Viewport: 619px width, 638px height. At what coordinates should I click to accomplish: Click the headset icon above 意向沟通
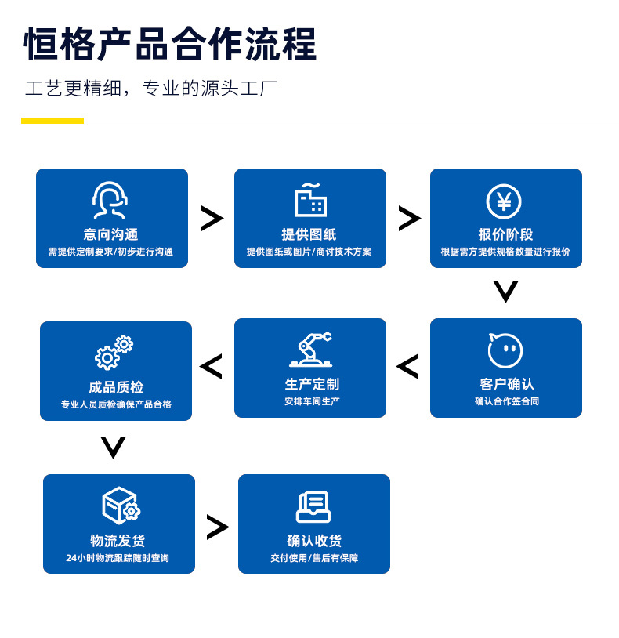click(x=110, y=201)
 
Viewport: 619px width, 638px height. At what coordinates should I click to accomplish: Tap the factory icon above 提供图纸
click(x=310, y=201)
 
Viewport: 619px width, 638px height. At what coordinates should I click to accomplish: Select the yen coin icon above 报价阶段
click(x=504, y=201)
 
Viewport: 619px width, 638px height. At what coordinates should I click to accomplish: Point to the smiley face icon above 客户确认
click(x=505, y=350)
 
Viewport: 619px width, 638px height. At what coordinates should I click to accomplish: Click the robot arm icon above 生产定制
click(x=311, y=350)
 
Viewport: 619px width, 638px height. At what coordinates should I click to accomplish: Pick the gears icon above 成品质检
click(x=114, y=353)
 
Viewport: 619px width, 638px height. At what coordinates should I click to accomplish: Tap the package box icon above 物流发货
click(x=121, y=506)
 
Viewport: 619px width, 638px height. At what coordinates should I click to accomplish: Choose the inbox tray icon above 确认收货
click(x=313, y=506)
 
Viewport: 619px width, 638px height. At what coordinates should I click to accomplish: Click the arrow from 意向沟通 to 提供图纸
click(x=212, y=218)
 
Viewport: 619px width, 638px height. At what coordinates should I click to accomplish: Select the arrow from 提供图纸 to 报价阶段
click(x=409, y=218)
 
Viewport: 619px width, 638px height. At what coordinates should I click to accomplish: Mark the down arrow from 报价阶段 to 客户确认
click(x=505, y=292)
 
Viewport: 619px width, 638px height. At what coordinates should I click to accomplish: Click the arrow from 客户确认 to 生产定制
click(x=407, y=366)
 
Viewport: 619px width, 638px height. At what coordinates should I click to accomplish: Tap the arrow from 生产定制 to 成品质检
click(x=211, y=366)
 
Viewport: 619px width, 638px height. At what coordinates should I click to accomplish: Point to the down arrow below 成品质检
click(x=114, y=448)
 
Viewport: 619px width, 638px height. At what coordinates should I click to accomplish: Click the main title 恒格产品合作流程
click(x=170, y=44)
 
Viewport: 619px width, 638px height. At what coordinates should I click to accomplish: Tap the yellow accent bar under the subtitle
click(x=52, y=121)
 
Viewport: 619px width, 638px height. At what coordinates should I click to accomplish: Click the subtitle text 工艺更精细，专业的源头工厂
click(x=151, y=88)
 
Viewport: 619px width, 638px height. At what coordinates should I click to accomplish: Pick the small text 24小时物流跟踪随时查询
click(x=118, y=558)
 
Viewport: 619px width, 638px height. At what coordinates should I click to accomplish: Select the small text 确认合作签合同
click(x=507, y=401)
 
